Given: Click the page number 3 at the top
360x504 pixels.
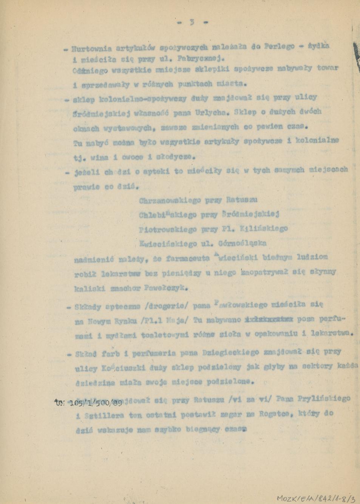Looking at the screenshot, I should [x=192, y=22].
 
